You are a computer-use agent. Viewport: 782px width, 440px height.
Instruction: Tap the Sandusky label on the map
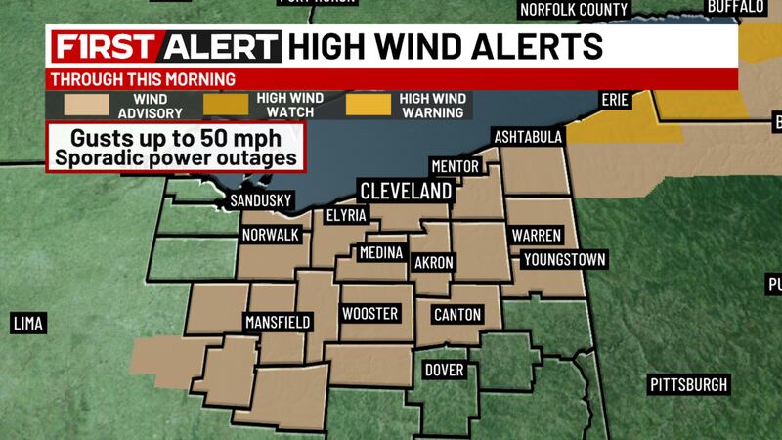(x=261, y=201)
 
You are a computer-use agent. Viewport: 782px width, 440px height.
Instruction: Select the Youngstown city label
(x=564, y=259)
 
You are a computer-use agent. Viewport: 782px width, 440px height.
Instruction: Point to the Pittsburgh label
(x=689, y=384)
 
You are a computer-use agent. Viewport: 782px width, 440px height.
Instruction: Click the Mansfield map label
(x=277, y=322)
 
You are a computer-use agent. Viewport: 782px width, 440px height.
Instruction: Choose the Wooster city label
(x=369, y=314)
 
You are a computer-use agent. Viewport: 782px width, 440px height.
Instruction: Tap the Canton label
(x=456, y=314)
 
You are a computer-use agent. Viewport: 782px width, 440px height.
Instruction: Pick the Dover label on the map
(x=444, y=370)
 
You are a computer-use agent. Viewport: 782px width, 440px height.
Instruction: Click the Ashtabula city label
(x=529, y=136)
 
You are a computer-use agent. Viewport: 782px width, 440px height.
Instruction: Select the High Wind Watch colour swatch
(x=229, y=105)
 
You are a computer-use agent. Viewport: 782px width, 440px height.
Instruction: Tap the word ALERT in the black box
(x=222, y=47)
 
